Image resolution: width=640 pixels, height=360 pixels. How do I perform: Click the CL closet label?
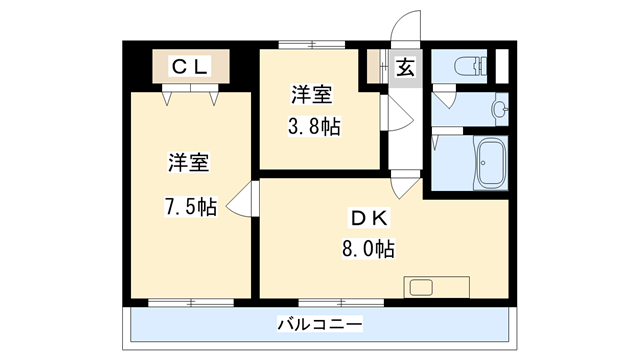pyautogui.click(x=189, y=67)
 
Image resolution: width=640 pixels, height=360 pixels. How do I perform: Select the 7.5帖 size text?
pyautogui.click(x=189, y=207)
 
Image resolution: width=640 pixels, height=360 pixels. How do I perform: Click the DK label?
pyautogui.click(x=367, y=219)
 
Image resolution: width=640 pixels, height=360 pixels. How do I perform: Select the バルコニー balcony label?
pyautogui.click(x=320, y=324)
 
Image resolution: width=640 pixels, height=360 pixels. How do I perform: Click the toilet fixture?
pyautogui.click(x=470, y=68)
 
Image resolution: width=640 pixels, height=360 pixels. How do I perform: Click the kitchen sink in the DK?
pyautogui.click(x=419, y=288)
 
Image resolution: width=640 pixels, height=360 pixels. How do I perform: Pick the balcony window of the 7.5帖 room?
pyautogui.click(x=189, y=300)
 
